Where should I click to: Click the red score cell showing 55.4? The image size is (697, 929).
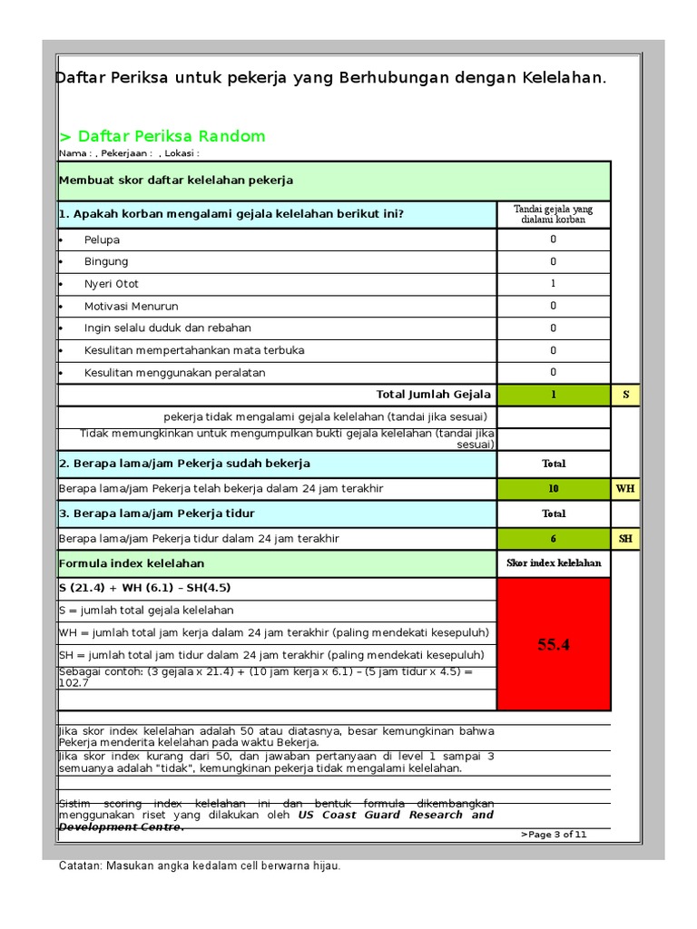554,644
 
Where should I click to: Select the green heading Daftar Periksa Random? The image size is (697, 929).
162,136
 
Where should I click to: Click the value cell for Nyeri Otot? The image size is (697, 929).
554,284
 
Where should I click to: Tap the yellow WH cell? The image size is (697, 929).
625,488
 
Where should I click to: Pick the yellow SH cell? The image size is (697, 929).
625,539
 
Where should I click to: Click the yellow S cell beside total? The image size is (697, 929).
625,395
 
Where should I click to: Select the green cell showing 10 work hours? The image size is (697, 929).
554,488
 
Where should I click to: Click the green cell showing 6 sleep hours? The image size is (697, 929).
554,539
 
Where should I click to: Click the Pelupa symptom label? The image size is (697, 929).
102,240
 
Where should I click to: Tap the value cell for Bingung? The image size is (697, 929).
554,262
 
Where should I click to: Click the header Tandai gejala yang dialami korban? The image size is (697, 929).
554,214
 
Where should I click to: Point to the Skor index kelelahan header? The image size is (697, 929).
554,563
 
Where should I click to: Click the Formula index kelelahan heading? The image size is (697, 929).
132,563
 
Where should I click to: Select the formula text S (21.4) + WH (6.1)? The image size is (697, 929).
144,588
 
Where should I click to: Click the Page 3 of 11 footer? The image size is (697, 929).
554,835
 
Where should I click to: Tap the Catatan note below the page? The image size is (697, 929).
200,866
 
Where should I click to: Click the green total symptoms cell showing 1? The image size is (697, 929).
554,395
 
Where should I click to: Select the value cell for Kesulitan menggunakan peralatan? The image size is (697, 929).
554,372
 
